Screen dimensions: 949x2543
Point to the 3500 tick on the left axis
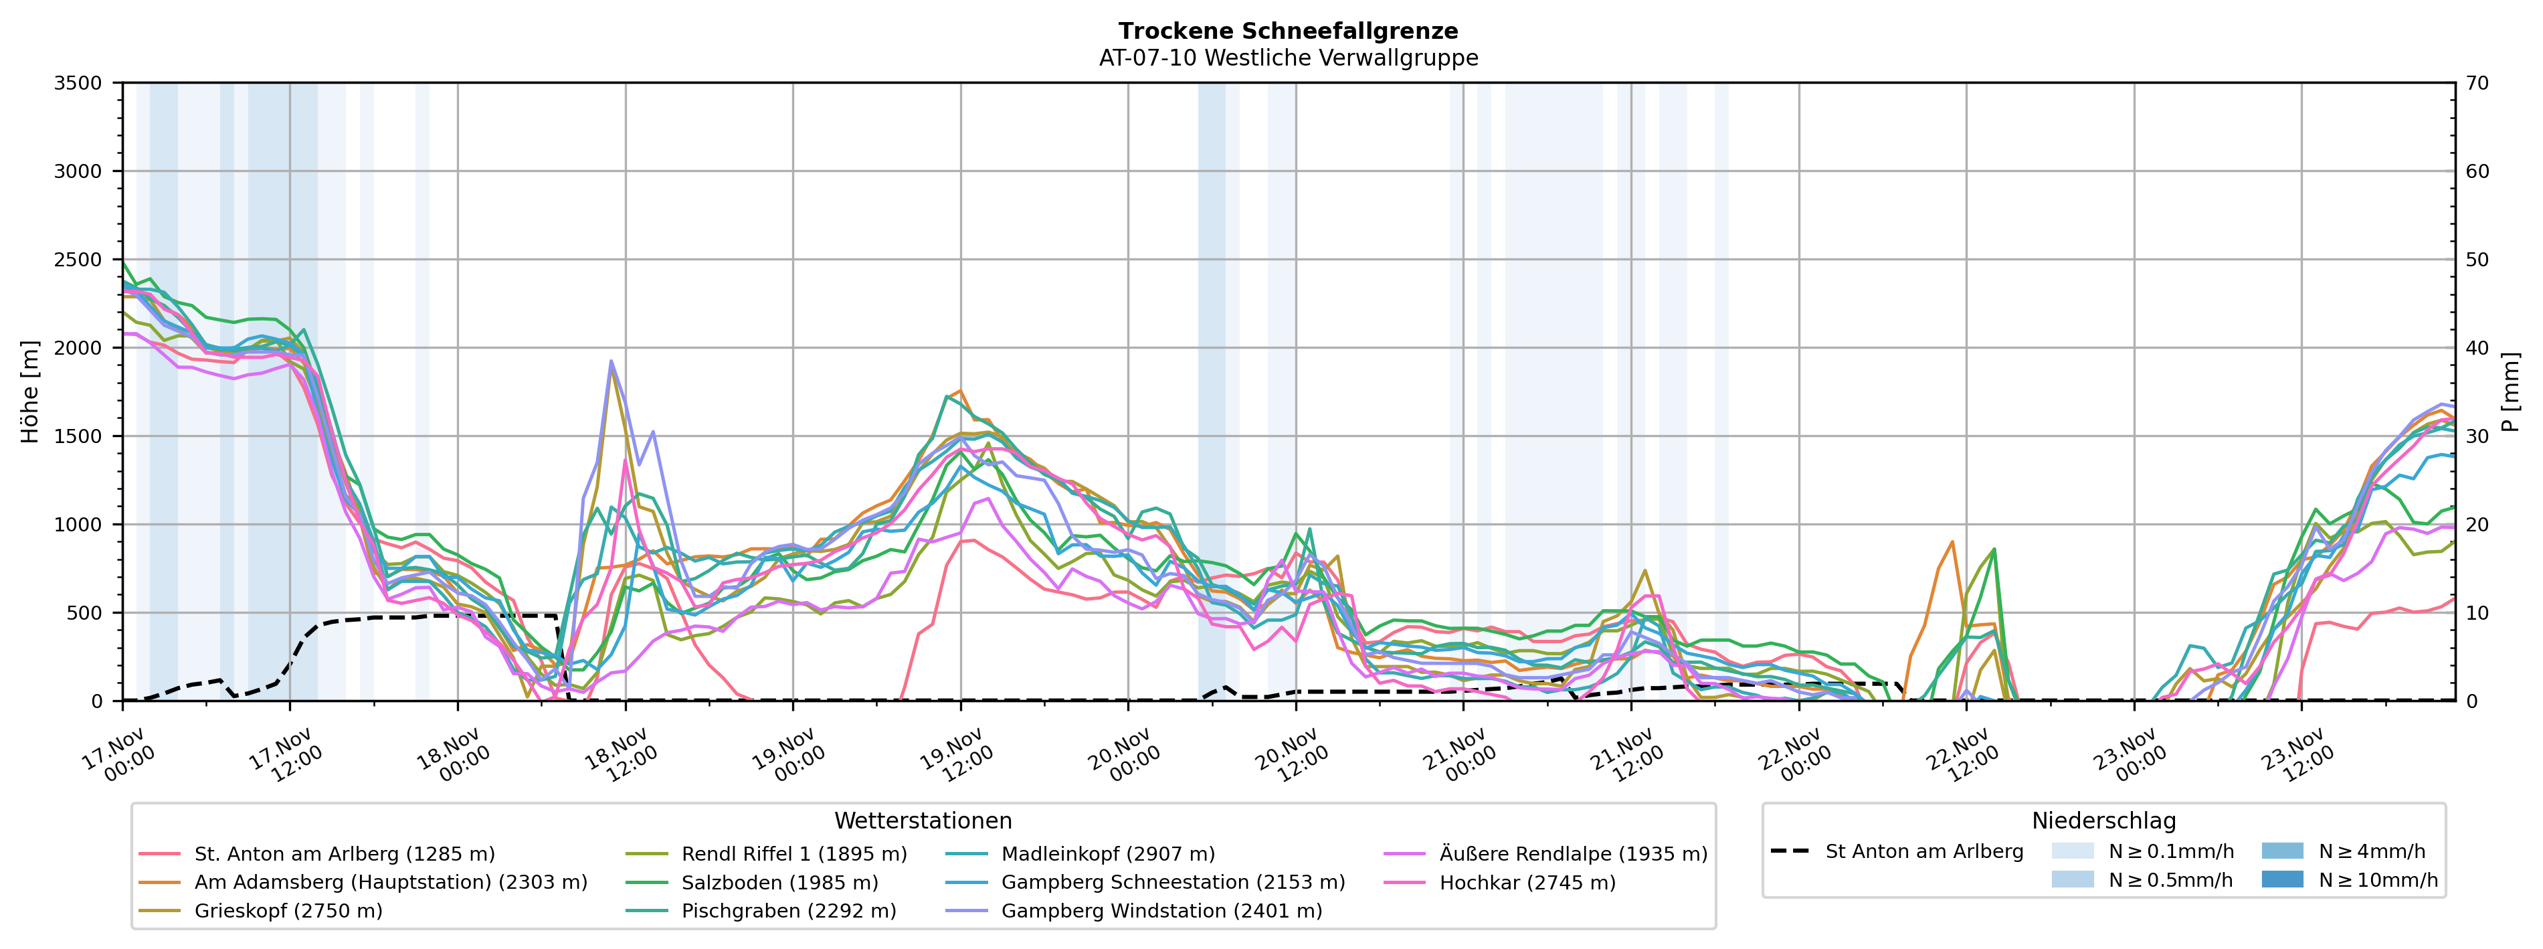[78, 83]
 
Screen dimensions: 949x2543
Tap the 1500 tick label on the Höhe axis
[78, 436]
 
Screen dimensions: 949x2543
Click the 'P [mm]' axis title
[2510, 392]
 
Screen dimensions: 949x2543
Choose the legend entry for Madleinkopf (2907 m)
[1108, 853]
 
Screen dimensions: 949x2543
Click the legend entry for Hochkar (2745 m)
[1527, 882]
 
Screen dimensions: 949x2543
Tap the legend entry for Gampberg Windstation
[1161, 910]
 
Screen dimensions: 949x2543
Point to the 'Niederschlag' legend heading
[2103, 821]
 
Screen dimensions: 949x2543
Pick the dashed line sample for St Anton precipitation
[1790, 851]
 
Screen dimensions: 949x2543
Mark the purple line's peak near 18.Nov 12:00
[611, 361]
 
